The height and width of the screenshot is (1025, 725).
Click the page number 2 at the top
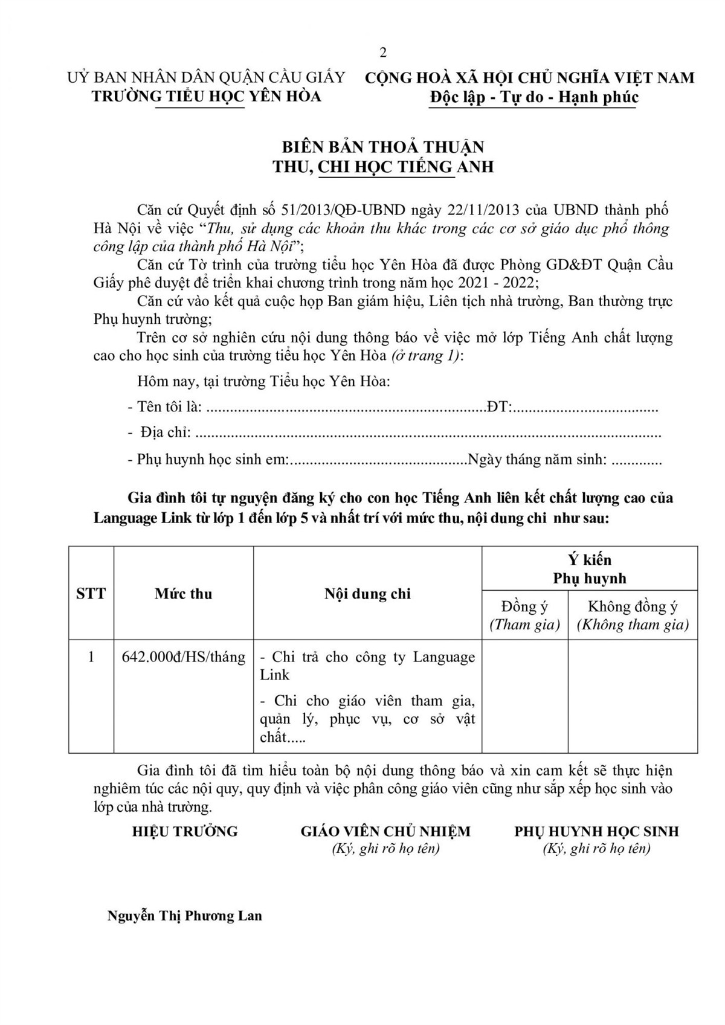coord(382,53)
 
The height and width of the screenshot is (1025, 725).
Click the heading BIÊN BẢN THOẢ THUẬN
coord(383,147)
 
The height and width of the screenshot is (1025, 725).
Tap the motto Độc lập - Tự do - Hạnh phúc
coord(533,97)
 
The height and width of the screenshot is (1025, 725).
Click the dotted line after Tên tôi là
coord(346,408)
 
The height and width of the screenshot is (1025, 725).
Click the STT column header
coord(91,593)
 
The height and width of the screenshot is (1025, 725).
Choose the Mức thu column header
coord(183,593)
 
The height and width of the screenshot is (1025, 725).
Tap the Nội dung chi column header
coord(367,593)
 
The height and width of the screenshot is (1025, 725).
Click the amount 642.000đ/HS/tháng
coord(183,657)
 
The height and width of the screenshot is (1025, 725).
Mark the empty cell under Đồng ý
coord(524,696)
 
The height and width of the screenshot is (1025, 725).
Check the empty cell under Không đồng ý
coord(633,696)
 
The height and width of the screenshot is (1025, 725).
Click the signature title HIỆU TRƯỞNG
coord(185,831)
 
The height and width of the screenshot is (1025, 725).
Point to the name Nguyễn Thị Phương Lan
coord(185,916)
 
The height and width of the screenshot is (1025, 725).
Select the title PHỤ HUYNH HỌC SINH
coord(596,831)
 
